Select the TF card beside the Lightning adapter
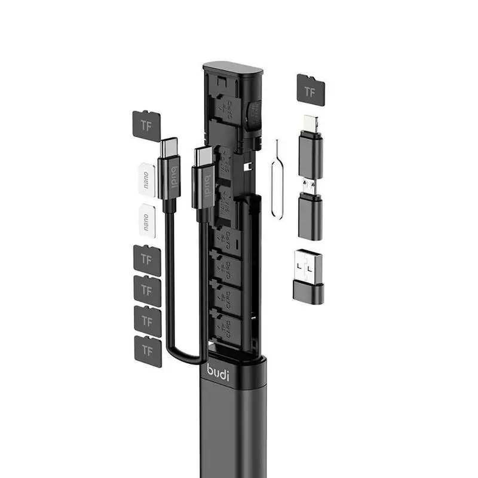tap(311, 90)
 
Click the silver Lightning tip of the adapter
tap(310, 123)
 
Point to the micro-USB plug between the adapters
tap(310, 186)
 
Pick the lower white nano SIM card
tap(146, 219)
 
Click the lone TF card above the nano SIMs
tap(146, 126)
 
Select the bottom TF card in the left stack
tap(148, 351)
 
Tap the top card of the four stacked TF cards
tap(147, 260)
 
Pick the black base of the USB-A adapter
tap(309, 293)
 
